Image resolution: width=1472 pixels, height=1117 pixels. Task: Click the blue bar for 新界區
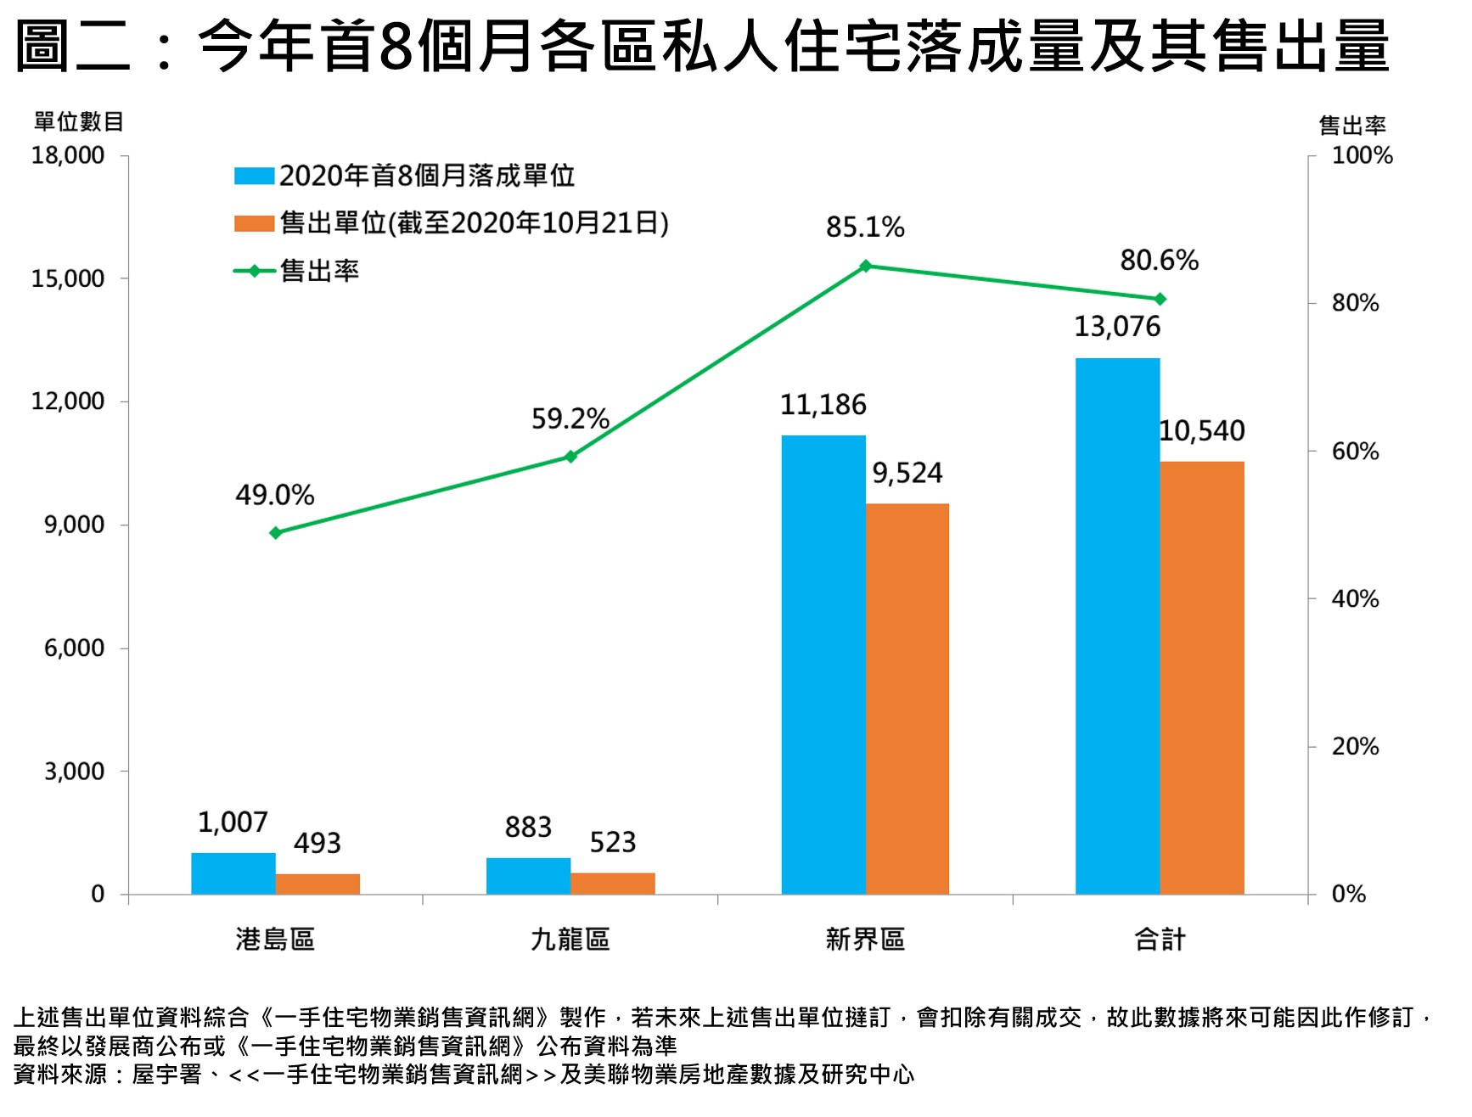[x=823, y=665]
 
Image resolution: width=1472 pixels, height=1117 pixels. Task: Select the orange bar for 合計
[x=1201, y=677]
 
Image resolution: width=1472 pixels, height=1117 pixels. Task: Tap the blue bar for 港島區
[x=233, y=873]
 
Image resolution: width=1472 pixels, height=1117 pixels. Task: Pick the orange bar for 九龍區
[x=612, y=884]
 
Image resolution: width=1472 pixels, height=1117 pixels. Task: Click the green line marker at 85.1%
[x=865, y=267]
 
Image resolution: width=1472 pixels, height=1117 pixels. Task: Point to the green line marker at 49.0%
[x=275, y=533]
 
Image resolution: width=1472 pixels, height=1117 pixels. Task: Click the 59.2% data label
[x=570, y=418]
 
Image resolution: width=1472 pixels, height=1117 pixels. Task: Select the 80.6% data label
[x=1159, y=260]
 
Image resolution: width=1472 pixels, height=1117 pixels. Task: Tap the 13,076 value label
[x=1117, y=327]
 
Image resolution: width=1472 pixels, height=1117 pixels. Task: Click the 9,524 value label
[x=907, y=473]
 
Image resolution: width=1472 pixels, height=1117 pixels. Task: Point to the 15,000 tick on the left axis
[x=68, y=278]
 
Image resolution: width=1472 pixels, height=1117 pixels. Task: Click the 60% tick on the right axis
[x=1355, y=451]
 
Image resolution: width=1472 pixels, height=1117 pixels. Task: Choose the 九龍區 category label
[x=570, y=940]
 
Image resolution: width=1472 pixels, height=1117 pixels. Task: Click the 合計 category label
[x=1160, y=940]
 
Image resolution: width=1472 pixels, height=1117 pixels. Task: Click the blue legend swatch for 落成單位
[x=254, y=176]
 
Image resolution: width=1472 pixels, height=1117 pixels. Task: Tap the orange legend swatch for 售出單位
[x=254, y=223]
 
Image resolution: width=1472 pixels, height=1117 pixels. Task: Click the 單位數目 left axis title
[x=79, y=122]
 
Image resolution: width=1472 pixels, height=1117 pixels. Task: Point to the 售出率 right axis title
[x=1351, y=126]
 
